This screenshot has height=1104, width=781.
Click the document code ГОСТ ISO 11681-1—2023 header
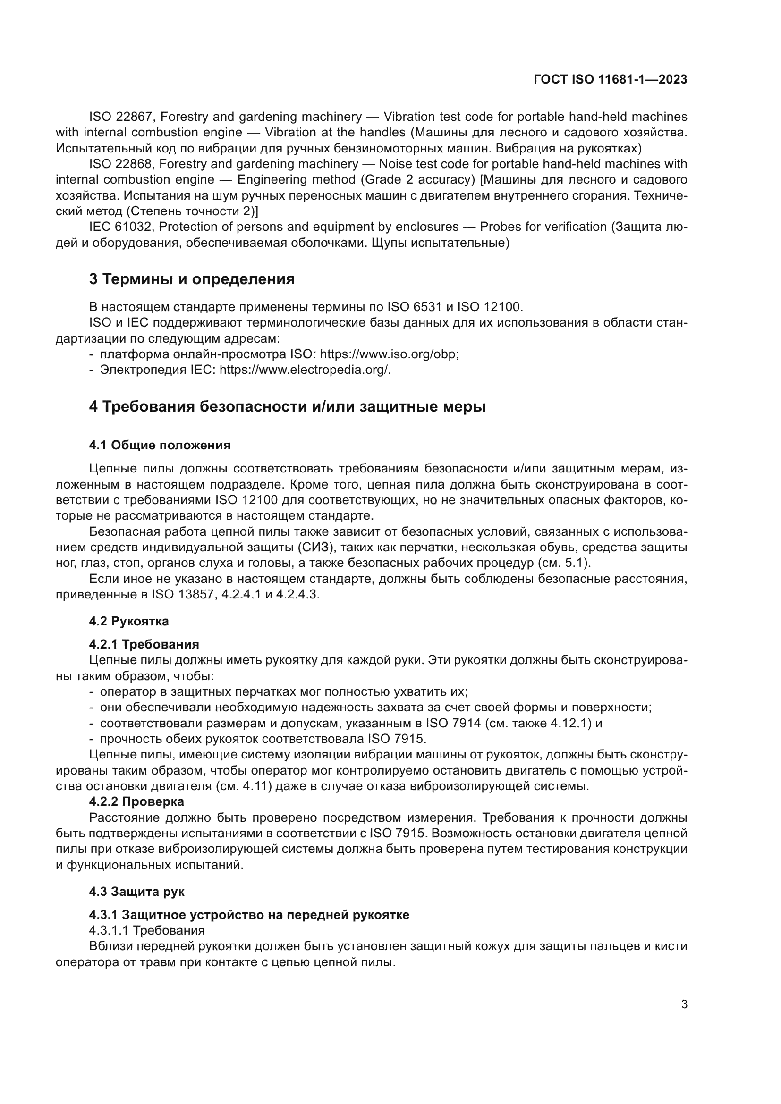point(610,80)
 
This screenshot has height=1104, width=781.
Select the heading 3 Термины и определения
point(191,279)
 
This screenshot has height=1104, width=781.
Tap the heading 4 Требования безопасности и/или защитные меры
point(287,406)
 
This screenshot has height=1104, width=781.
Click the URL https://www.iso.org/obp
point(389,354)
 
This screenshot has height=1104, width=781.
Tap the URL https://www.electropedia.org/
point(305,370)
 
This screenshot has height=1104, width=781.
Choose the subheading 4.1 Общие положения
point(160,445)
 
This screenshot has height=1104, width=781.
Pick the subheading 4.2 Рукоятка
point(129,621)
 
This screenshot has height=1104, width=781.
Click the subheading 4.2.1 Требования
point(144,644)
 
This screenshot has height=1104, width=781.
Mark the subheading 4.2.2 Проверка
point(136,801)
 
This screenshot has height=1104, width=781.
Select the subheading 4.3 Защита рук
point(136,892)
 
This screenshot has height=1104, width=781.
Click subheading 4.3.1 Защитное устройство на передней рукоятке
point(249,915)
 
